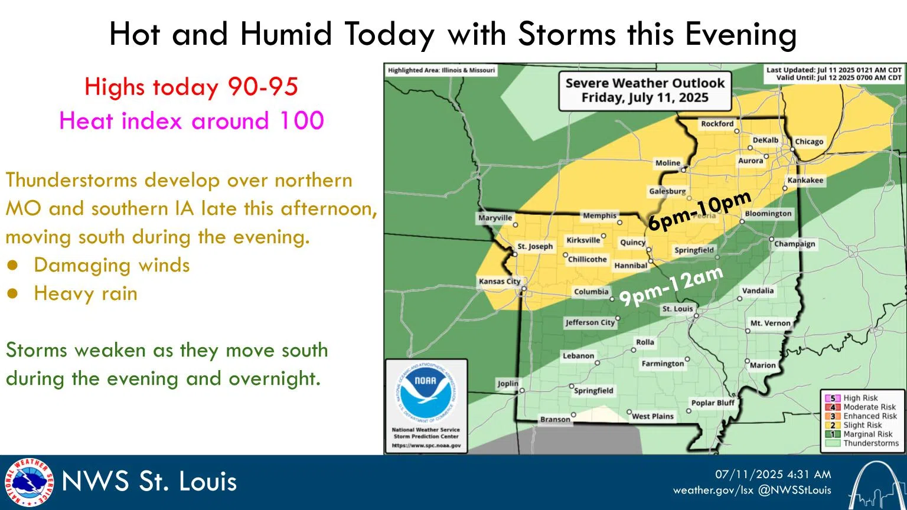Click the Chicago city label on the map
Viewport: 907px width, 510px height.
click(808, 142)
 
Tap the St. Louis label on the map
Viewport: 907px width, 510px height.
click(677, 309)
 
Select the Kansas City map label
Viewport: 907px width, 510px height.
click(499, 282)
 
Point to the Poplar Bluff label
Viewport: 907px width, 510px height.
click(713, 403)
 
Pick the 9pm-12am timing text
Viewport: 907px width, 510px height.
click(671, 287)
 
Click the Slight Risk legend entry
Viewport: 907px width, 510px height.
click(862, 425)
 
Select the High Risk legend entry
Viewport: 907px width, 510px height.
click(860, 398)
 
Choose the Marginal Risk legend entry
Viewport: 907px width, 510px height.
click(867, 434)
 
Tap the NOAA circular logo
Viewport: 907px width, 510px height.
click(425, 392)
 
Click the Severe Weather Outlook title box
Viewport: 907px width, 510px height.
click(645, 90)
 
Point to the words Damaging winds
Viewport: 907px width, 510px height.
click(112, 265)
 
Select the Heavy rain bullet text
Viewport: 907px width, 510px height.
click(86, 293)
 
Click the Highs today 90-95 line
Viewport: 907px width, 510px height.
click(191, 87)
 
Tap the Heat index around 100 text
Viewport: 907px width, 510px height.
click(191, 121)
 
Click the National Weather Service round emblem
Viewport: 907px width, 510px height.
click(28, 482)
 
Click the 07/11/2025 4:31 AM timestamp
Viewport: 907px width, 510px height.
click(773, 474)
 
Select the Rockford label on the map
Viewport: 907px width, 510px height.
click(717, 124)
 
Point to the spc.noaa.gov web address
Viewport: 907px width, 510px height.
click(426, 446)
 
